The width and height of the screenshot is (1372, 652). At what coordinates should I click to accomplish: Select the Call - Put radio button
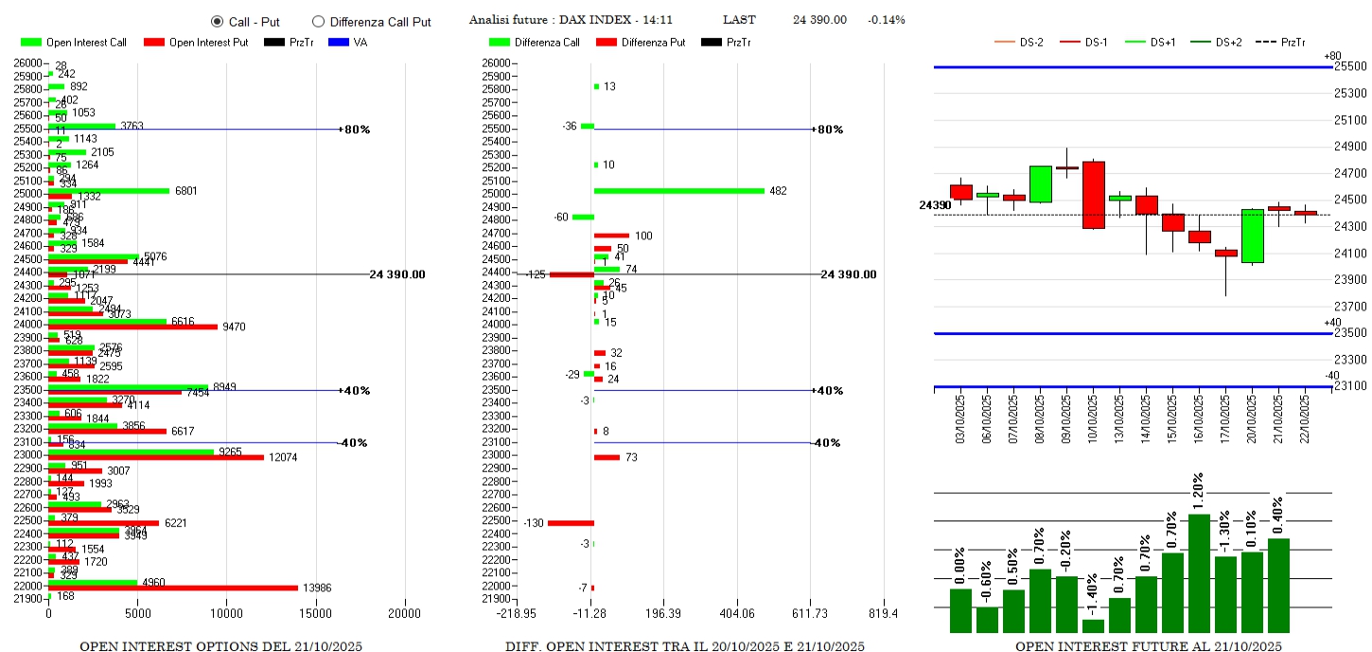coord(217,21)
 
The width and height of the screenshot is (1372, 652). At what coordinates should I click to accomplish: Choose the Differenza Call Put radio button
coord(318,21)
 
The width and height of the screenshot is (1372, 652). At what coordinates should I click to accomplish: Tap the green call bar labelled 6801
coord(109,190)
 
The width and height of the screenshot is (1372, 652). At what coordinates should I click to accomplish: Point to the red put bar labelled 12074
coord(156,458)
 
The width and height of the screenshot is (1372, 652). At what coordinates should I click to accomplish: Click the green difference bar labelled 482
coord(678,190)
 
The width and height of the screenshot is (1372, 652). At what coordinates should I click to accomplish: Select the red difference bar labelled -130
coord(571,522)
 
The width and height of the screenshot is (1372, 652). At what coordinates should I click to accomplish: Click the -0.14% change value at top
coord(886,20)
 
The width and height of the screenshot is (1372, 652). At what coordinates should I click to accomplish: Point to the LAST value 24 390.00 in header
coord(819,20)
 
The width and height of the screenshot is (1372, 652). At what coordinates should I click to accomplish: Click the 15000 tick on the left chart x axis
coord(316,613)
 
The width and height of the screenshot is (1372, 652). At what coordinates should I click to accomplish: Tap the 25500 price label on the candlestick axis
coord(1349,66)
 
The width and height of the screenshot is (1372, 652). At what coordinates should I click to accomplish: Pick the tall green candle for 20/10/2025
coord(1252,236)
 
